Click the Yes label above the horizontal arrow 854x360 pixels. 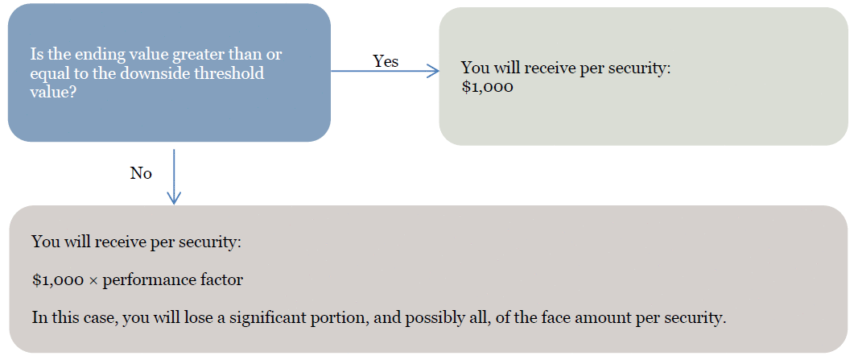click(386, 61)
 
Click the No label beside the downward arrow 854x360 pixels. click(141, 174)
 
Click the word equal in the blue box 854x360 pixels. click(48, 74)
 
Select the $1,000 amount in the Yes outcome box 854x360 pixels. click(487, 88)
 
